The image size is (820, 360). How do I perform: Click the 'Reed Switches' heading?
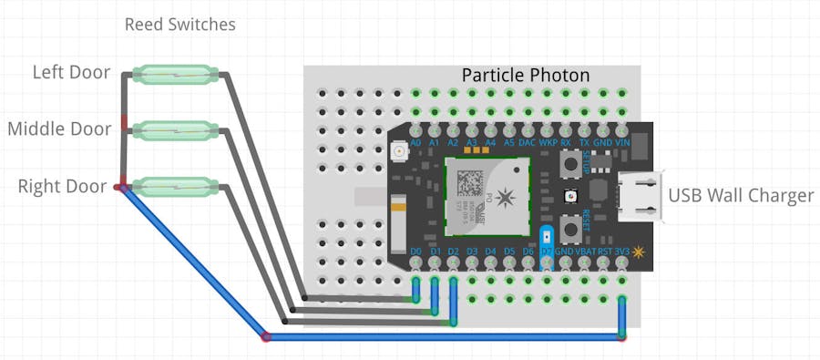click(x=179, y=25)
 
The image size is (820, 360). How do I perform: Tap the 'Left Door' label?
click(x=71, y=72)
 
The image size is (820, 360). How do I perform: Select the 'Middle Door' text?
click(x=59, y=129)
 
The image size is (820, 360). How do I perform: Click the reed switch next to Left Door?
click(x=175, y=73)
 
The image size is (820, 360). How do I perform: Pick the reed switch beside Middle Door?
click(x=175, y=130)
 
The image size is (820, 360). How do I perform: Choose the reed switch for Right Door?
click(x=175, y=188)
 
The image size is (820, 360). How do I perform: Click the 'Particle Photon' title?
click(x=526, y=75)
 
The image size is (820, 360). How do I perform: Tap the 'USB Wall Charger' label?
click(x=741, y=195)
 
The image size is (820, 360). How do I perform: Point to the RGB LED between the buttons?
click(x=571, y=195)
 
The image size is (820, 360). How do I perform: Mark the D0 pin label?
click(x=415, y=251)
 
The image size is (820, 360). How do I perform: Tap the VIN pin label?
click(x=622, y=143)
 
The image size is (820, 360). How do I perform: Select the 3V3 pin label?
click(x=621, y=251)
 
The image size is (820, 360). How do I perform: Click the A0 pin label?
click(x=415, y=143)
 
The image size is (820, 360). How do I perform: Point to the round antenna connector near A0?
click(x=398, y=149)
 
